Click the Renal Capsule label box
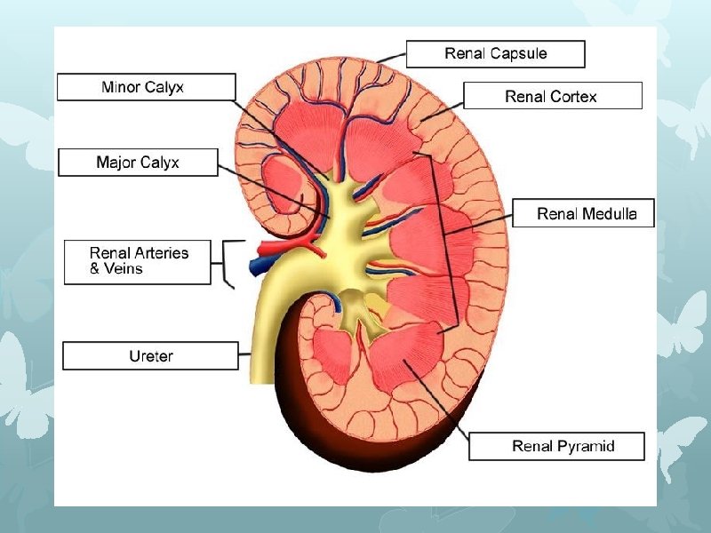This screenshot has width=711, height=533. [495, 54]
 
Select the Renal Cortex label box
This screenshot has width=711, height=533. [552, 96]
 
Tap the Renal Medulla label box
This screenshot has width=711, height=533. [586, 214]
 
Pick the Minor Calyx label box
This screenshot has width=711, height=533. [147, 87]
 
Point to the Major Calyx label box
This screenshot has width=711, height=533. [138, 163]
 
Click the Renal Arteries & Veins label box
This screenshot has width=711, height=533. [138, 261]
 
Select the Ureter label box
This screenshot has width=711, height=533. [150, 356]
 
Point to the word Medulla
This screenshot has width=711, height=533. [610, 214]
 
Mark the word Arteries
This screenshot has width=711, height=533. [159, 253]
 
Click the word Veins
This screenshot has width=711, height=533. [123, 268]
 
